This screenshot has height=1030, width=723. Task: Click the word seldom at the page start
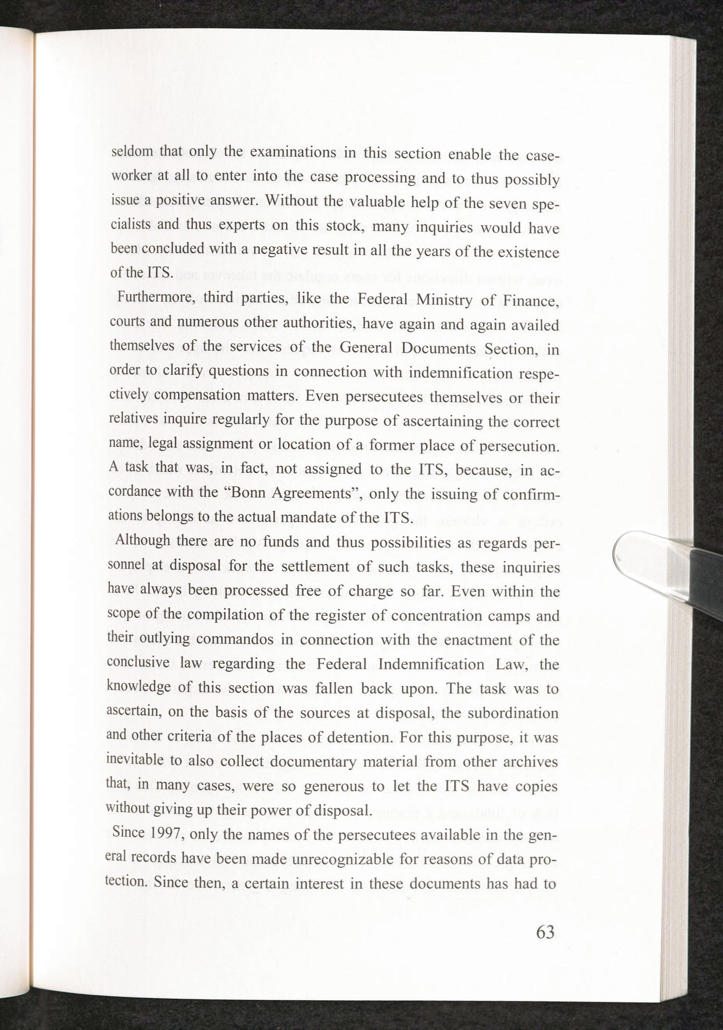pyautogui.click(x=132, y=151)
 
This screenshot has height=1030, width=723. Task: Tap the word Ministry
pyautogui.click(x=444, y=300)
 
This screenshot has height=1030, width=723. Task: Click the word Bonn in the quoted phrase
pyautogui.click(x=246, y=492)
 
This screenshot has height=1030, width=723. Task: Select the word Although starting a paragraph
pyautogui.click(x=143, y=540)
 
